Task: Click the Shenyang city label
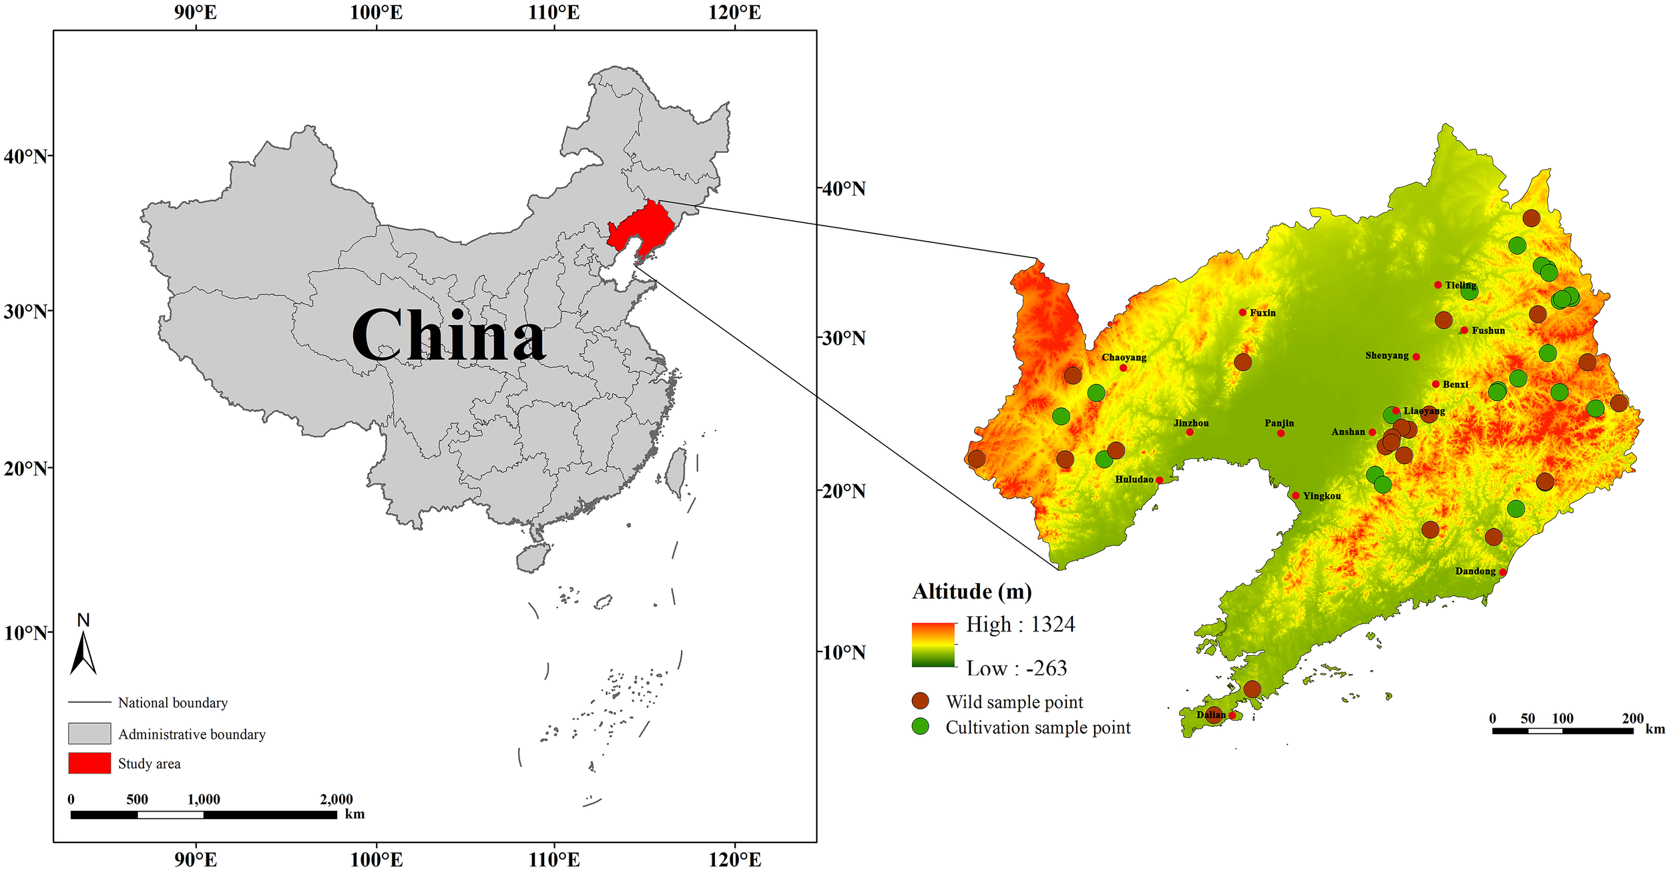click(x=1386, y=356)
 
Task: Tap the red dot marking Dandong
click(x=1503, y=572)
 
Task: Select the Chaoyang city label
click(x=1124, y=358)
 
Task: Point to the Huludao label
click(x=1134, y=479)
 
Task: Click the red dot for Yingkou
click(x=1296, y=496)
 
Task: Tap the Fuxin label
click(x=1262, y=312)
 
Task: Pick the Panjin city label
click(x=1279, y=423)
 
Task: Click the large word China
click(x=449, y=336)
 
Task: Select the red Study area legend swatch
click(x=89, y=763)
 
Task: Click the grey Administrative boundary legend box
click(x=89, y=733)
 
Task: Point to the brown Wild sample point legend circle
click(x=921, y=701)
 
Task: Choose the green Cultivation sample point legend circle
click(x=921, y=727)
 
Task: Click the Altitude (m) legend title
click(x=971, y=591)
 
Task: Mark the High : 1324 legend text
click(x=1020, y=625)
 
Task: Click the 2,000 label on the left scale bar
click(x=336, y=800)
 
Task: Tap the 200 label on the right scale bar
click(x=1632, y=719)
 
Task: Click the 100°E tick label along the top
click(x=376, y=13)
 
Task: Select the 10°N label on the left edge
click(x=25, y=633)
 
